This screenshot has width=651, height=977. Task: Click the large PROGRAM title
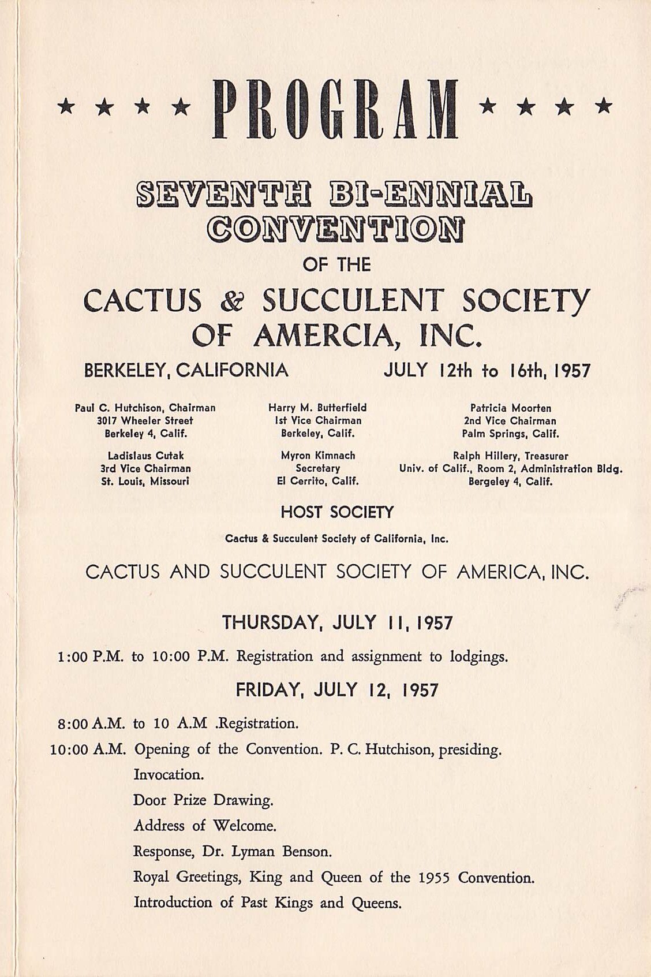pos(335,110)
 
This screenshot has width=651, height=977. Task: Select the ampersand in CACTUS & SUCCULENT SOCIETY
pos(230,301)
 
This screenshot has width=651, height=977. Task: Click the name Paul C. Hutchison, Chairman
pos(145,408)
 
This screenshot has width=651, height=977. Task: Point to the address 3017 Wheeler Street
pos(145,421)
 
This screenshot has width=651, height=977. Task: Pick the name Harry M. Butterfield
pos(317,408)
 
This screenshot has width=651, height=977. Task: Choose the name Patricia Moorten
pos(510,408)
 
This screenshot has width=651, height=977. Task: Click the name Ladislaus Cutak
pos(145,456)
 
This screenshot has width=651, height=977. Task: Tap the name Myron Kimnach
pos(317,456)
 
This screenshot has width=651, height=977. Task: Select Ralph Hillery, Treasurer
pos(510,456)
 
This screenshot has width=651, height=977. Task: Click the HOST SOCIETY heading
pos(337,512)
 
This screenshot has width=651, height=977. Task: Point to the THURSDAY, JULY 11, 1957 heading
pos(337,623)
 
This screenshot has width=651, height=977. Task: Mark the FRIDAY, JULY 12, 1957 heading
pos(337,690)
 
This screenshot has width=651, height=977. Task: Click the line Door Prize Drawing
pos(203,800)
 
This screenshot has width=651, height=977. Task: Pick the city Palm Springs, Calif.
pos(510,434)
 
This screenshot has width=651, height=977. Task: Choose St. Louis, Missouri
pos(145,481)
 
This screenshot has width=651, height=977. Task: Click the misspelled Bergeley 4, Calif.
pos(510,482)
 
